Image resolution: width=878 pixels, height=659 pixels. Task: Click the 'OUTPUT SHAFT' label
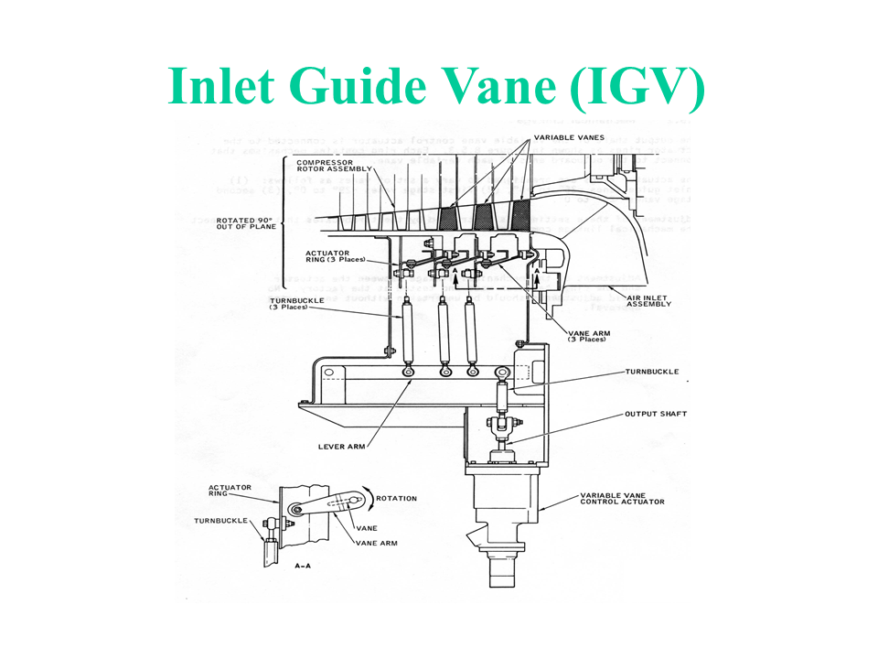tap(656, 414)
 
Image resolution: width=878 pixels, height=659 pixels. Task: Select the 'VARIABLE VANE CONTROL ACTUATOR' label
tap(622, 499)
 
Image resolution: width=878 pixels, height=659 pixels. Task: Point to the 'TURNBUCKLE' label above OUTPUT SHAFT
tap(652, 373)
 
